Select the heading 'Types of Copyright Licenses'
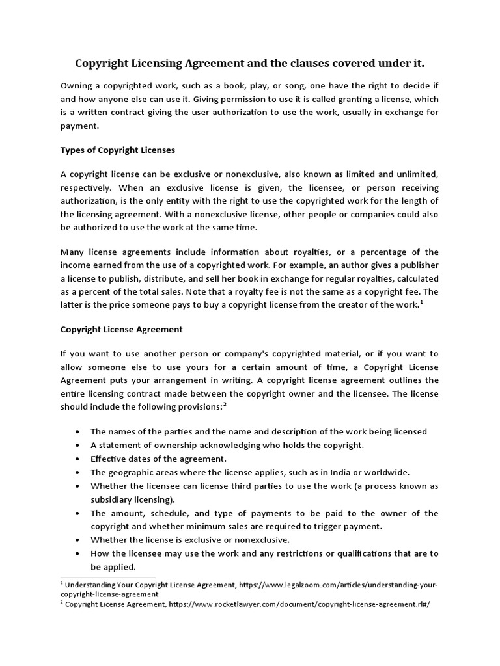[x=118, y=150]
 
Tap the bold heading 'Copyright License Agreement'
[x=122, y=329]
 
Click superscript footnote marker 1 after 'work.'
[x=422, y=303]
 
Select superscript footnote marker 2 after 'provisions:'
[x=225, y=404]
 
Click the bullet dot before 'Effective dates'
[x=78, y=459]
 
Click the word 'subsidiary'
[x=113, y=499]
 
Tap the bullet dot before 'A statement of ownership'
[x=78, y=446]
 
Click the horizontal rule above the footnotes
[x=108, y=577]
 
